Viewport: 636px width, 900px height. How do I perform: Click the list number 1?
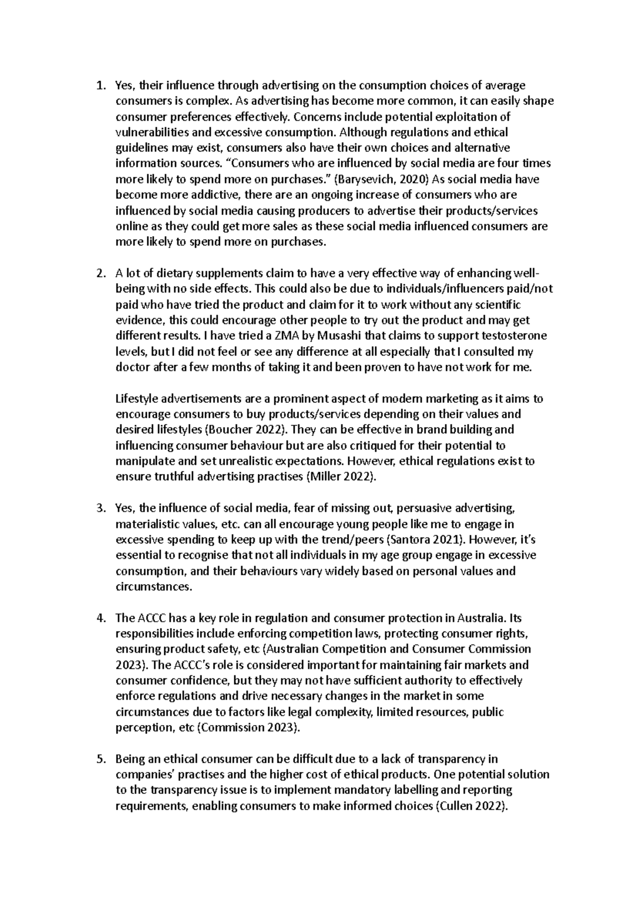click(100, 85)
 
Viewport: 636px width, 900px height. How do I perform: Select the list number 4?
click(100, 618)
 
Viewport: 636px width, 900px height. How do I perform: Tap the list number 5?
click(100, 759)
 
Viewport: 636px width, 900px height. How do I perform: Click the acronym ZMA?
click(278, 336)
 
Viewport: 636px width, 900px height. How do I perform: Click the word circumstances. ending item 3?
click(153, 587)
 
